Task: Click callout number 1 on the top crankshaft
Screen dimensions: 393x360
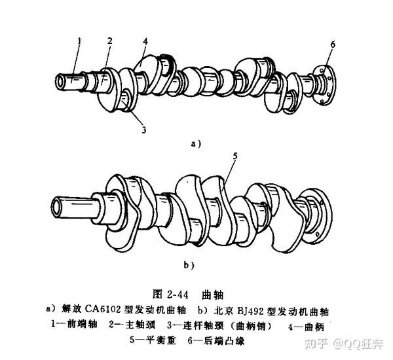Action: pyautogui.click(x=78, y=42)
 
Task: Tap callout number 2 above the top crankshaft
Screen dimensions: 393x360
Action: pyautogui.click(x=110, y=41)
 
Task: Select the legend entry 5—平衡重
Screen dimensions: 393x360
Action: pyautogui.click(x=155, y=340)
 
